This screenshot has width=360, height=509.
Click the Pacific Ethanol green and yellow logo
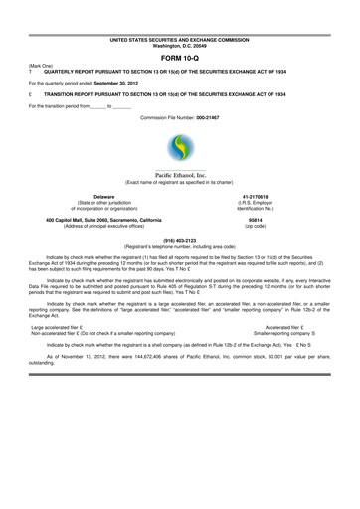pyautogui.click(x=179, y=152)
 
